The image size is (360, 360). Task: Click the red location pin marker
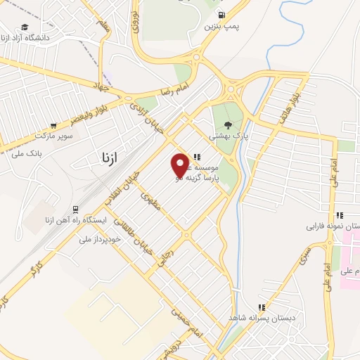coord(181,165)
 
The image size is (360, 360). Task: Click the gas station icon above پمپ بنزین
coord(222,15)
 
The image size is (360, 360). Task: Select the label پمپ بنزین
coord(222,27)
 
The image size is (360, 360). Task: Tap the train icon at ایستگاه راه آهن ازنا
coord(75,209)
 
